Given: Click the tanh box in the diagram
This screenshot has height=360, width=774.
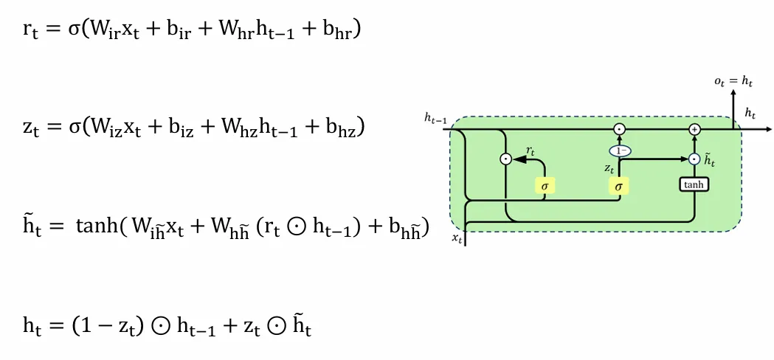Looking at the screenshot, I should (694, 184).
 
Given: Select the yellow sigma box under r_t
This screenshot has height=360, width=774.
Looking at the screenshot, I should (545, 186).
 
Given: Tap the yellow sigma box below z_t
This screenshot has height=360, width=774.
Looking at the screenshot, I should (618, 186).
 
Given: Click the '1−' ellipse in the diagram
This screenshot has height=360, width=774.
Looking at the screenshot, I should (619, 150).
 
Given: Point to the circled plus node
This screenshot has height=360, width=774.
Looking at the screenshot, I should (694, 129).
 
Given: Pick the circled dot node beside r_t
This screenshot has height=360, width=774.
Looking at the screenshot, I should (505, 158).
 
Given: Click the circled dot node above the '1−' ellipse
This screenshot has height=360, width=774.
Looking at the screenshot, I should (620, 129).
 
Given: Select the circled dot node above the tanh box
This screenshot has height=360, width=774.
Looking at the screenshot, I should (694, 159).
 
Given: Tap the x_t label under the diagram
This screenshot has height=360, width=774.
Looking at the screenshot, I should (457, 238).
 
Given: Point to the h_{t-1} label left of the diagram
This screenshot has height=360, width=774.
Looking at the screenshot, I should (435, 117).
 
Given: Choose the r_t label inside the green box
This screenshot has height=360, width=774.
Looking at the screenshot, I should (530, 150).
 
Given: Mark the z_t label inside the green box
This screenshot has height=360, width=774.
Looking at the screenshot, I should (609, 169).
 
